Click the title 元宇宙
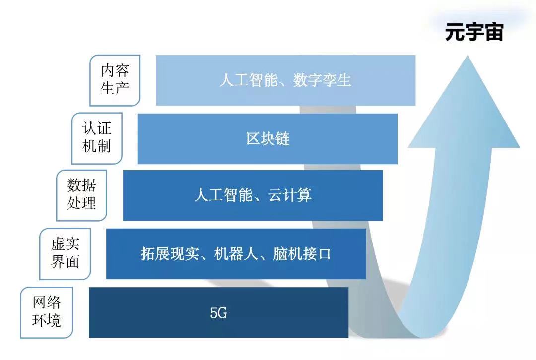474,33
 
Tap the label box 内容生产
115,80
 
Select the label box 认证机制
97,138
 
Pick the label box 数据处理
82,195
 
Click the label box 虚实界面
65,254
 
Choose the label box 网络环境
47,312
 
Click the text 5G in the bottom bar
219,313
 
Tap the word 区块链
268,139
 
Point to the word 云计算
290,195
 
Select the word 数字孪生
322,81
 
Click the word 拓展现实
170,254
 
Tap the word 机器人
236,254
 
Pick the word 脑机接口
302,254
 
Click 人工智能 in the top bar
249,81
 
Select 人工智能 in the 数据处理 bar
223,195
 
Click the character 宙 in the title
494,33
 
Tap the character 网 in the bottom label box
39,302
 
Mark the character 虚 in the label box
58,244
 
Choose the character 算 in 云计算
305,195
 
